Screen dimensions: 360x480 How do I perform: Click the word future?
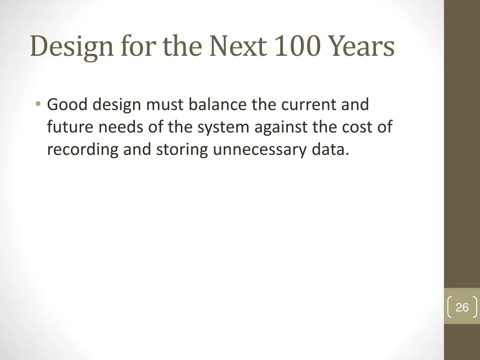tap(70, 127)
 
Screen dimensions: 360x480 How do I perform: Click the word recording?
tap(82, 149)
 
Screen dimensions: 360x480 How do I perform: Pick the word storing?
tap(180, 149)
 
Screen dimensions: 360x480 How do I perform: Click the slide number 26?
tap(462, 307)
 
